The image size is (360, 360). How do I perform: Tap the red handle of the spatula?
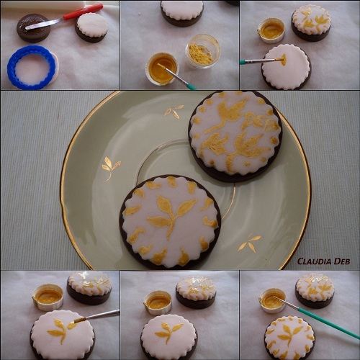(84, 12)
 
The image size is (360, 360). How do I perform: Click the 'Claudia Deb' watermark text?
(323, 261)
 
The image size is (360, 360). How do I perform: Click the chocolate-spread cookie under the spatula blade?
(33, 28)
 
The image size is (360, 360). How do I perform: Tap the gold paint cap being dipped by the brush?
(162, 68)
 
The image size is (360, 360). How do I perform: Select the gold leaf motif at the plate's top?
(174, 111)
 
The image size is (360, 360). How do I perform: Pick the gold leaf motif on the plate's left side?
(110, 167)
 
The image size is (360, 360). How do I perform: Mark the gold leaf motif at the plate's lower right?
(250, 243)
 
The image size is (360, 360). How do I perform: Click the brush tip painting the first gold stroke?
(283, 59)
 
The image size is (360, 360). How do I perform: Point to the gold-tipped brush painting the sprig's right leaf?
(96, 316)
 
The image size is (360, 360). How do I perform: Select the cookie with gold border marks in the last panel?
(289, 338)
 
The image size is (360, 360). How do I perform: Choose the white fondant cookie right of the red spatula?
(91, 27)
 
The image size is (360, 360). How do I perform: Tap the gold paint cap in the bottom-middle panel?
(158, 302)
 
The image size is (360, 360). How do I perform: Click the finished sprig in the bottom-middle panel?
(168, 332)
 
